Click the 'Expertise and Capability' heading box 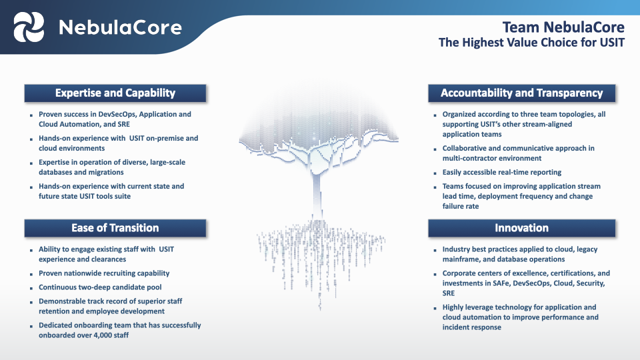point(115,93)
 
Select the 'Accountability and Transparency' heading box point(521,93)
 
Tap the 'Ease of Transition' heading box point(115,228)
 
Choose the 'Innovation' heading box point(521,228)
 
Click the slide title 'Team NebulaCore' point(563,27)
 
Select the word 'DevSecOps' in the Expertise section point(125,114)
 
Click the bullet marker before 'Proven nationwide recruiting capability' point(31,274)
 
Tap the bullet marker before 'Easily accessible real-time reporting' point(435,173)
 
